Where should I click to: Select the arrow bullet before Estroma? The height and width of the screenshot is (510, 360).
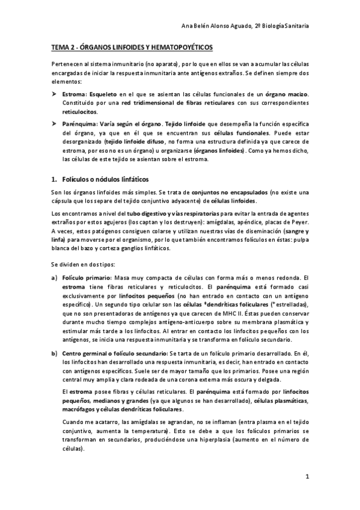[53, 94]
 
